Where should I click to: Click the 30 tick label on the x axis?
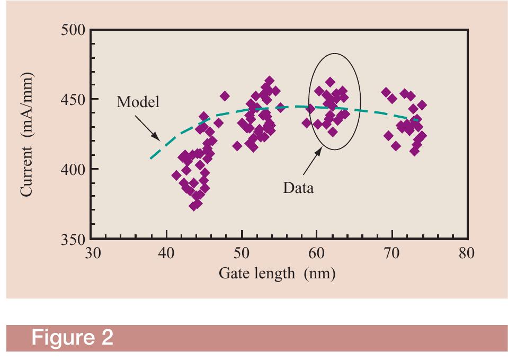tap(92, 253)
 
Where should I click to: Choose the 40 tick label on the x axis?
tap(166, 253)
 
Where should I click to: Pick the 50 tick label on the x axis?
tap(242, 253)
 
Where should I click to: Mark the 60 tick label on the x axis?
tap(317, 253)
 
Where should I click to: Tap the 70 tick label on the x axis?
tap(392, 253)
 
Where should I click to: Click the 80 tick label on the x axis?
tap(467, 253)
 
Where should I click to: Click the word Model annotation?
tap(138, 102)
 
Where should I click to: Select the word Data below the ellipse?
tap(298, 187)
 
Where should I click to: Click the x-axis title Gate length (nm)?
tap(277, 274)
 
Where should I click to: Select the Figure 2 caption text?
tap(73, 338)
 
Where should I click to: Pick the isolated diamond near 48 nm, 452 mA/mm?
tap(225, 96)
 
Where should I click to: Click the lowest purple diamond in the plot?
tap(194, 206)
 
